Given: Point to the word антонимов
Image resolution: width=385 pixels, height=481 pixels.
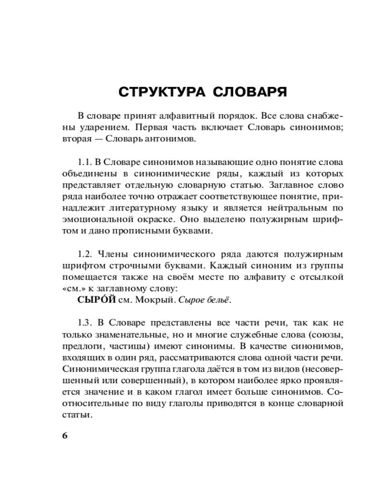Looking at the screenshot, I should coord(170,139).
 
